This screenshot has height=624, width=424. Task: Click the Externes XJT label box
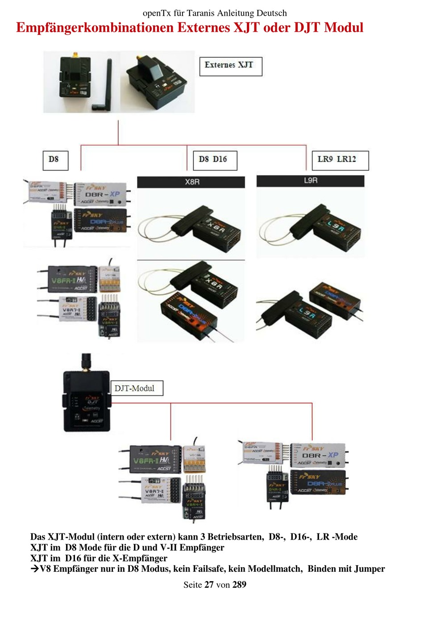pos(230,66)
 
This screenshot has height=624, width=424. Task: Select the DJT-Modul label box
pos(136,388)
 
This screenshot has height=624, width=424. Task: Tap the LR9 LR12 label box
pos(340,160)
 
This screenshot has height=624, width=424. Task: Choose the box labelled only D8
pos(55,160)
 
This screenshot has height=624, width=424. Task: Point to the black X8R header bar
pos(191,182)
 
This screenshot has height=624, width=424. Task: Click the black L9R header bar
pos(310,181)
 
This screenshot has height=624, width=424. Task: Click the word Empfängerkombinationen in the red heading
pos(95,28)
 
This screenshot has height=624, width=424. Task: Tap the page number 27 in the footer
pos(209,585)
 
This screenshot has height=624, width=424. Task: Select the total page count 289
pos(239,585)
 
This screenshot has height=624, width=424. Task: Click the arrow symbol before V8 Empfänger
pos(35,569)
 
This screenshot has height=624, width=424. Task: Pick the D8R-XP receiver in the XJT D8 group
pos(103,194)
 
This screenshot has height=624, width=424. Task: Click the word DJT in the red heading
pos(307,28)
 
